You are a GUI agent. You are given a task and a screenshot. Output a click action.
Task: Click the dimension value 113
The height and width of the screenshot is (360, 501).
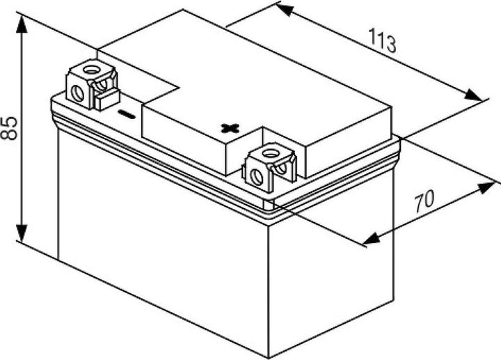point(383,40)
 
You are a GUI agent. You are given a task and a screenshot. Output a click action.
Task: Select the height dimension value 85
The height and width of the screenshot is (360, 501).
point(8,128)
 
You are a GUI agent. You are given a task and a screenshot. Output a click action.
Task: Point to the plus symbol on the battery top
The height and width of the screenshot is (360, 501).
point(230,128)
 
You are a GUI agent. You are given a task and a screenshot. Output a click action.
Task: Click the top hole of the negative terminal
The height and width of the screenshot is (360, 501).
point(92,70)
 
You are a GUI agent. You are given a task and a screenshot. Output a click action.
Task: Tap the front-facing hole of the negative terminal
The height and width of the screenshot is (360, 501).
point(77,93)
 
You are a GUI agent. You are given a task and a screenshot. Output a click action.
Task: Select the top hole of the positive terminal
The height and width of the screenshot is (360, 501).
point(271,153)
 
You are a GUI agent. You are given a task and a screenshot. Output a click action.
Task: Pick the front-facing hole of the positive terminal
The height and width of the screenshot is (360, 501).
point(257,177)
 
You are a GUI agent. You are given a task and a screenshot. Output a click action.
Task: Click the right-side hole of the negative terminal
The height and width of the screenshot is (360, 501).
point(103,85)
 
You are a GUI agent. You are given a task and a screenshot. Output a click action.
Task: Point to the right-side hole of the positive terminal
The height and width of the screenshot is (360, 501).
point(282,169)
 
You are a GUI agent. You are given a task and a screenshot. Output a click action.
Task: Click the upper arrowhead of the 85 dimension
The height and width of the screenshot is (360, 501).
point(22,24)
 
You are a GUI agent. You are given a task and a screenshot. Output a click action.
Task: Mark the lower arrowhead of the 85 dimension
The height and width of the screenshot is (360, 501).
point(22,233)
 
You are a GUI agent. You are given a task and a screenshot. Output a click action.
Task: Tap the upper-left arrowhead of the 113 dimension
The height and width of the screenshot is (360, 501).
point(285,9)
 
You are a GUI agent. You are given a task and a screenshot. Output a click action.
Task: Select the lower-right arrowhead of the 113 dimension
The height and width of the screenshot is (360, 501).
point(473,95)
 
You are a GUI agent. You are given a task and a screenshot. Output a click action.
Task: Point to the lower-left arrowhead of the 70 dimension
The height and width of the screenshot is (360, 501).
point(372,239)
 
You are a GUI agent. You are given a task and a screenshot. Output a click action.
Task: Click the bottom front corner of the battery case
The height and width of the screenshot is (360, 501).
point(268,357)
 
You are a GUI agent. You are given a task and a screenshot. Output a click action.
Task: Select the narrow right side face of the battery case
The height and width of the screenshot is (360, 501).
point(331,272)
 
